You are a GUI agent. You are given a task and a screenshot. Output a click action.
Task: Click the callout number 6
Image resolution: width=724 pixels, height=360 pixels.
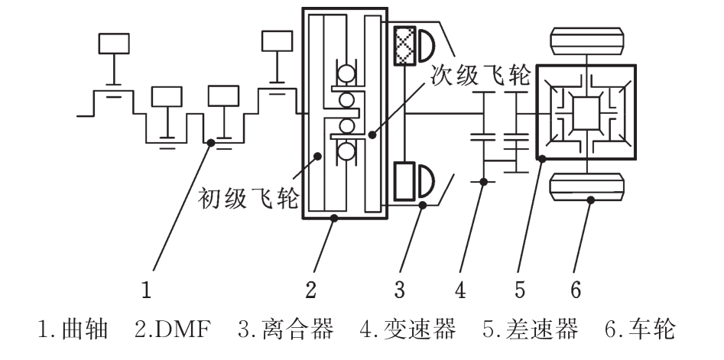[576, 290]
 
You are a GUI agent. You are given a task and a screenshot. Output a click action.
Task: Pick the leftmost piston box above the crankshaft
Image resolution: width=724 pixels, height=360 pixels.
[114, 44]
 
